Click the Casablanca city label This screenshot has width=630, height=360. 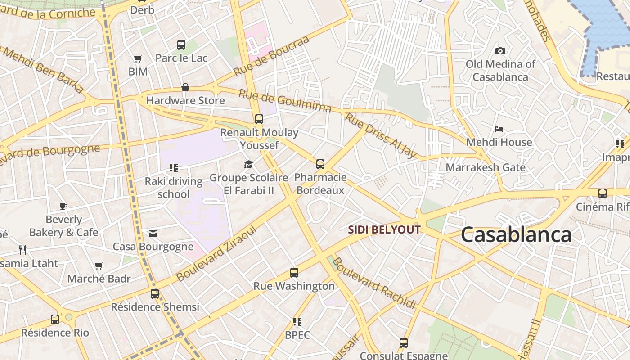pyautogui.click(x=516, y=235)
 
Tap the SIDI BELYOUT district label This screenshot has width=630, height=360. pyautogui.click(x=384, y=230)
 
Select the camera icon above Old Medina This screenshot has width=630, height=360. pyautogui.click(x=500, y=51)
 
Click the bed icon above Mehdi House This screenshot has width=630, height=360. pyautogui.click(x=499, y=129)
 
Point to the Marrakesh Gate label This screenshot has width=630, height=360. pyautogui.click(x=485, y=167)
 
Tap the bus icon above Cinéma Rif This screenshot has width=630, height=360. pyautogui.click(x=602, y=193)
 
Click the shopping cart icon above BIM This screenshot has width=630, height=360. pyautogui.click(x=138, y=58)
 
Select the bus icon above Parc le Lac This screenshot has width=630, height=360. pyautogui.click(x=181, y=45)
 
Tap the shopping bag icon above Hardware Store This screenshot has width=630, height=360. pyautogui.click(x=185, y=87)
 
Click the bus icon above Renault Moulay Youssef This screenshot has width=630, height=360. pyautogui.click(x=259, y=119)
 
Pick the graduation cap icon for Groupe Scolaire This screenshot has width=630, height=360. pyautogui.click(x=249, y=164)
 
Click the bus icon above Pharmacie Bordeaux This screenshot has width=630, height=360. pyautogui.click(x=320, y=164)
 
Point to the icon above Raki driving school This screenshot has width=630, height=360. pyautogui.click(x=173, y=168)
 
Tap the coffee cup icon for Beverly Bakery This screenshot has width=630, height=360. pyautogui.click(x=63, y=206)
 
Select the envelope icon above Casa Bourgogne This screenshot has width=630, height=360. pyautogui.click(x=153, y=233)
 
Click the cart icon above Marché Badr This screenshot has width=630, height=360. pyautogui.click(x=99, y=265)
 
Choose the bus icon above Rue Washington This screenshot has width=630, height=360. pyautogui.click(x=294, y=273)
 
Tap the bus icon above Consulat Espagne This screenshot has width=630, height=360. pyautogui.click(x=403, y=343)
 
